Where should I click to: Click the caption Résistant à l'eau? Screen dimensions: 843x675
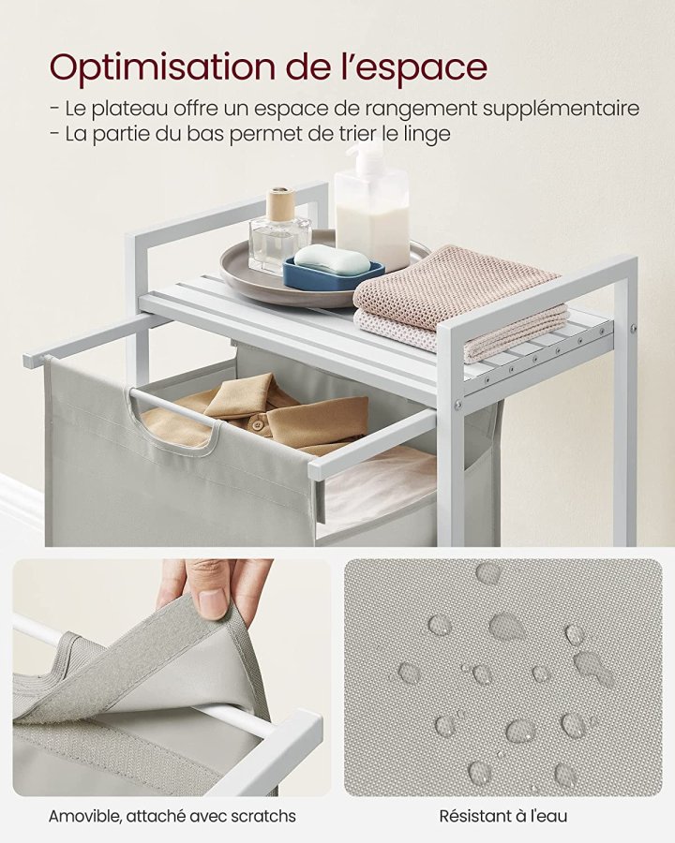coord(503,816)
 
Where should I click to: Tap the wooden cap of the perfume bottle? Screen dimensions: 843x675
coord(280,203)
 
